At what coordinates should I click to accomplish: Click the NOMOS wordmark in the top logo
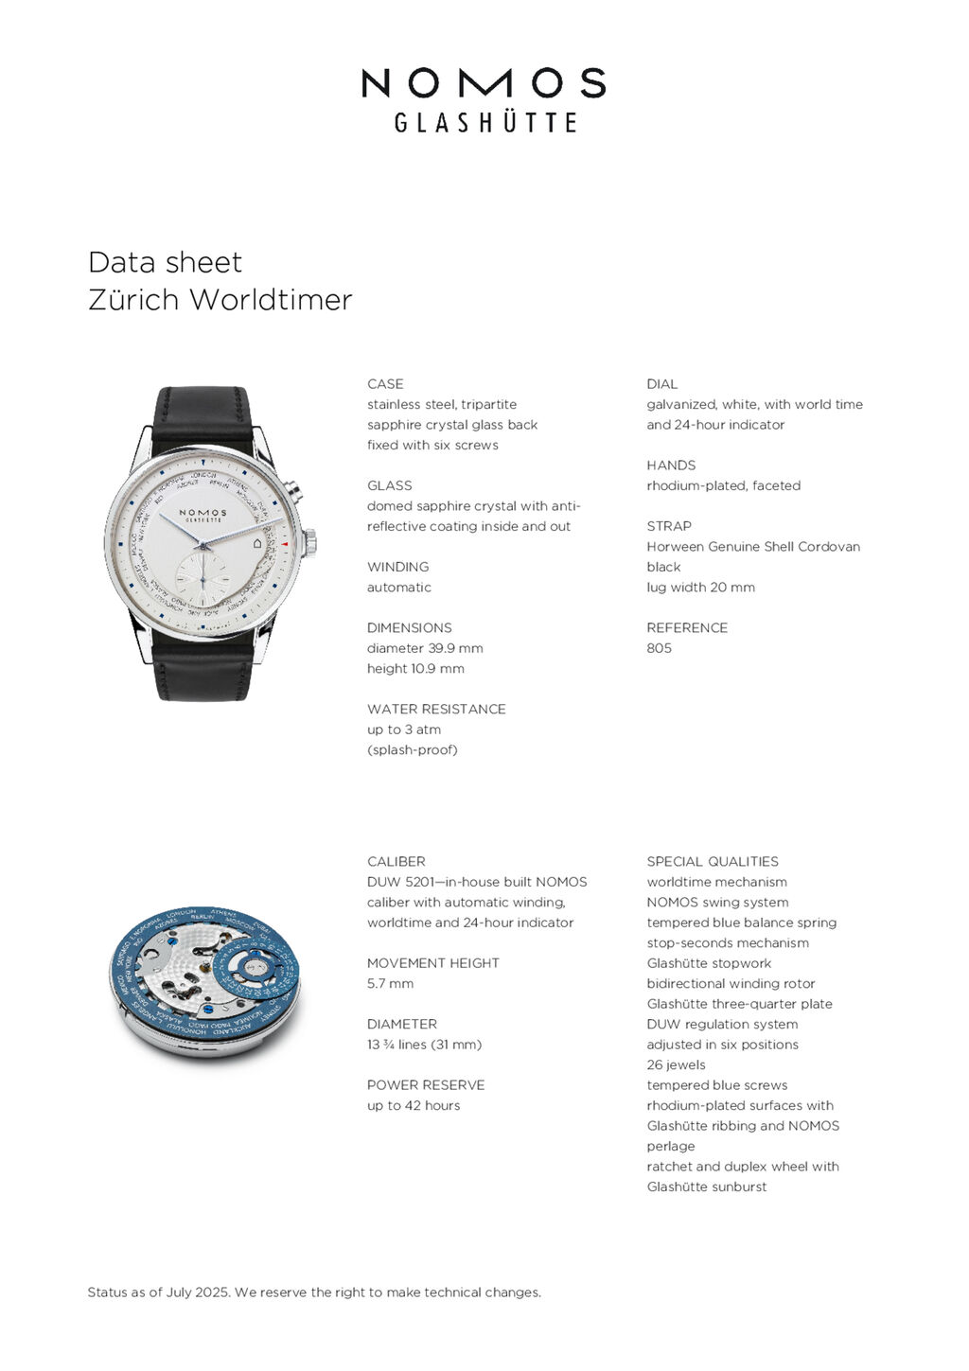[x=484, y=83]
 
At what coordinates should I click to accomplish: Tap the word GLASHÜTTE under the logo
[x=484, y=123]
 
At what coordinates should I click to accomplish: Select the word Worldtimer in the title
[x=271, y=300]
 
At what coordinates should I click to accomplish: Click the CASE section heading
[x=385, y=384]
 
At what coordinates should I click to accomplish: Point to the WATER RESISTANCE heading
[x=436, y=709]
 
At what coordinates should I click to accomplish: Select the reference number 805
[x=659, y=648]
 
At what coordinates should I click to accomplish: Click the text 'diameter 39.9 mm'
[x=425, y=648]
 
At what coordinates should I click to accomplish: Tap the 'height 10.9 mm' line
[x=415, y=668]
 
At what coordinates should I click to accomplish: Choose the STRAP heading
[x=669, y=526]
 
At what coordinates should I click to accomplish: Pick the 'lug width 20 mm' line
[x=700, y=588]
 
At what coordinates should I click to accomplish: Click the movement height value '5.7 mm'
[x=390, y=984]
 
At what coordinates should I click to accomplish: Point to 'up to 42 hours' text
[x=414, y=1105]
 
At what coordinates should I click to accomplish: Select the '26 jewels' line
[x=676, y=1065]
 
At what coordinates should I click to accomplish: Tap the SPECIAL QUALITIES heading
[x=713, y=862]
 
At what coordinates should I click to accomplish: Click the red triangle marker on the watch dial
[x=284, y=544]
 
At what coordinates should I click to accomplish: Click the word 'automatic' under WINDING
[x=398, y=588]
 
